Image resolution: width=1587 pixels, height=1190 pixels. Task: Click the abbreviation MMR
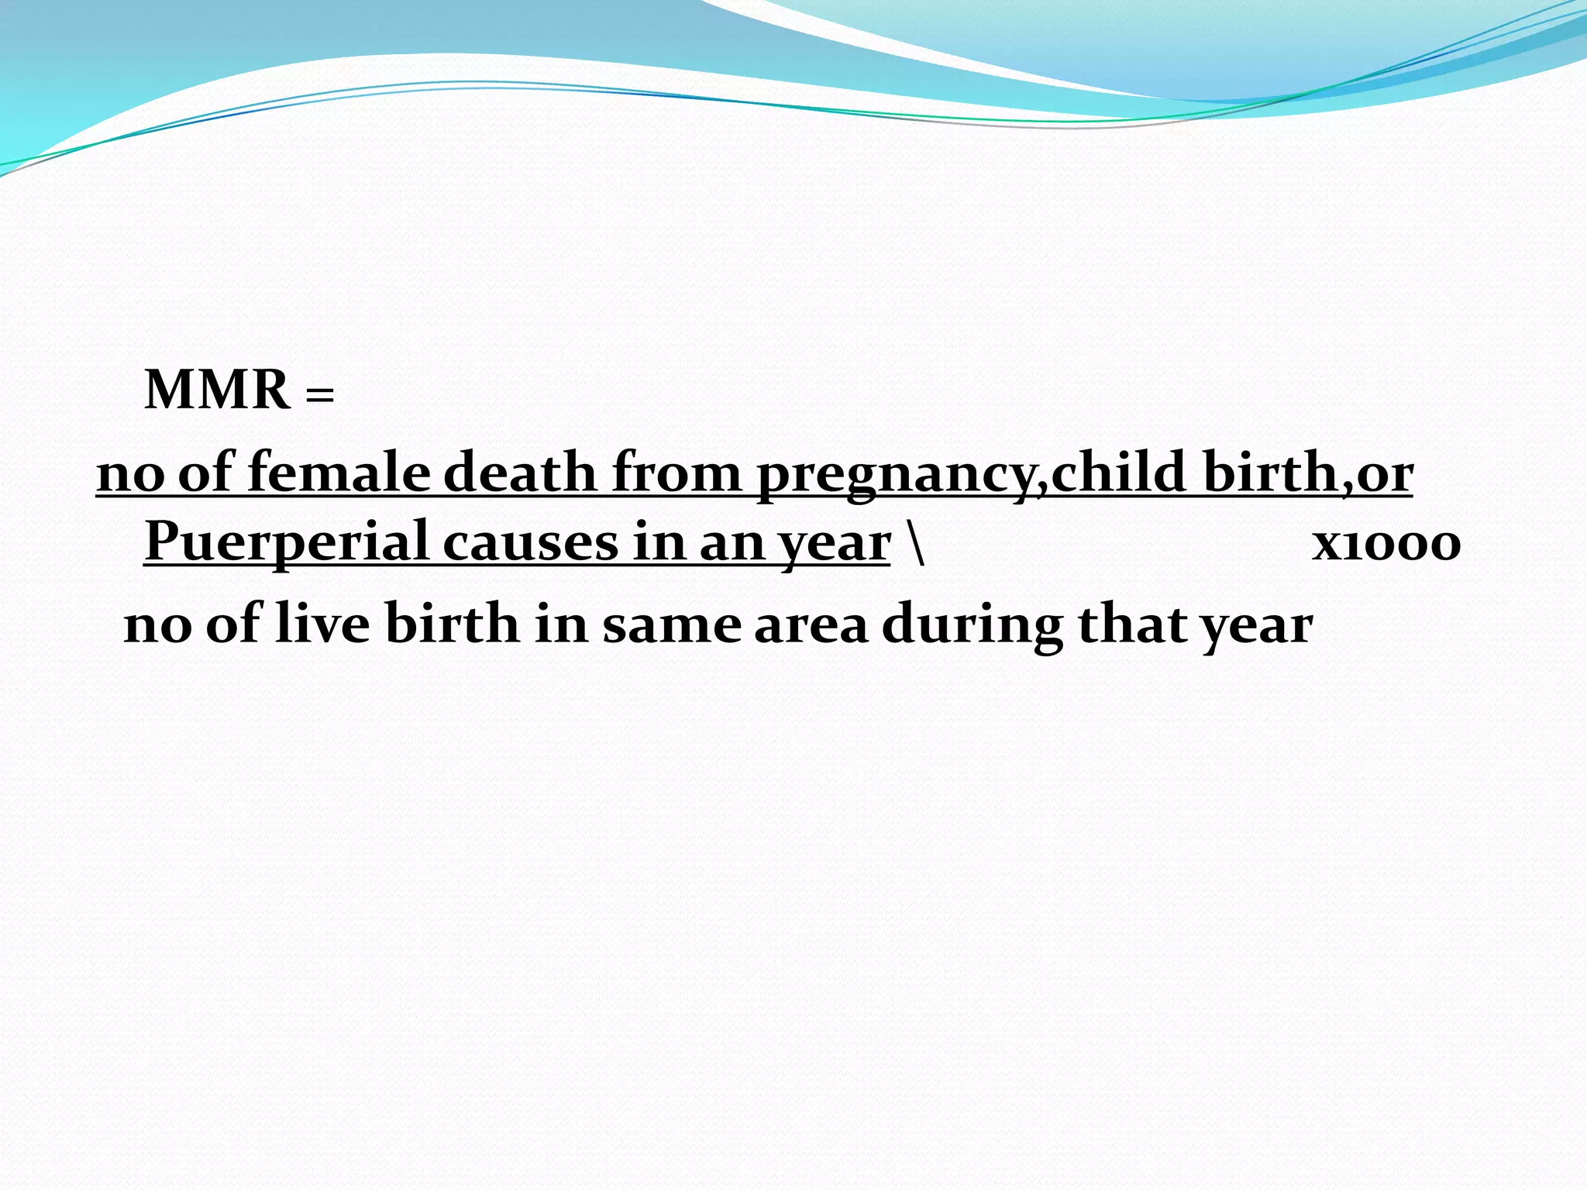click(x=217, y=390)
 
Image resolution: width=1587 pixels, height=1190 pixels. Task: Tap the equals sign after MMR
click(x=320, y=394)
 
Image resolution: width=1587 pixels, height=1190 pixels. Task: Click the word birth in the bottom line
click(x=452, y=624)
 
